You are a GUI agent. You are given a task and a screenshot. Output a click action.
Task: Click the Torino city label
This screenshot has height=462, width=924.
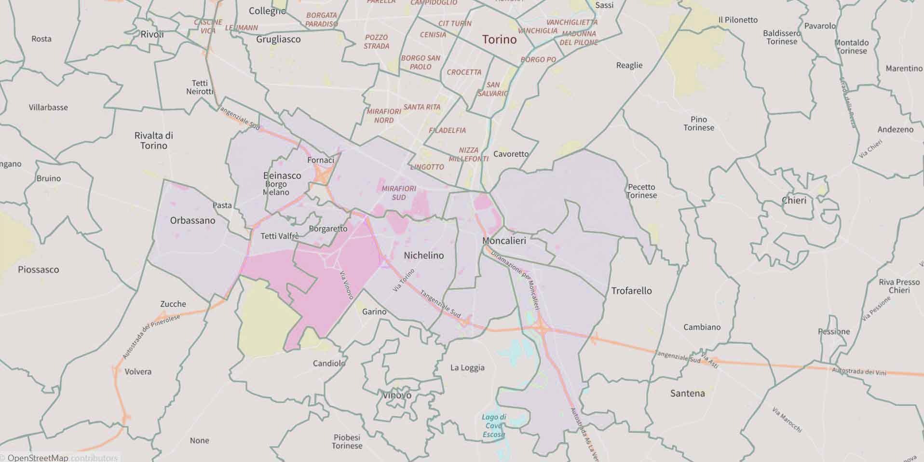coord(499,40)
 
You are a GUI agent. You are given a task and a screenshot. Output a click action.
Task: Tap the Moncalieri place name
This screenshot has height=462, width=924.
coord(504,240)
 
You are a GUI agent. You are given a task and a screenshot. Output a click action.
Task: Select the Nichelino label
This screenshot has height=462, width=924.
coord(423,255)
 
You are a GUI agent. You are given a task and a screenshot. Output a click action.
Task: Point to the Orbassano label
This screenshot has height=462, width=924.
coord(192,220)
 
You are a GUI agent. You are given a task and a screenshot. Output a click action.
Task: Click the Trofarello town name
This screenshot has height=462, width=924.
coord(631,291)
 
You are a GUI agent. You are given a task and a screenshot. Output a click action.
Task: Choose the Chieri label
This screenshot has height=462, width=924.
coord(794,200)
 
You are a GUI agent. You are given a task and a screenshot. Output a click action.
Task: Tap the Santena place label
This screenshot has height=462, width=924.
coord(687,394)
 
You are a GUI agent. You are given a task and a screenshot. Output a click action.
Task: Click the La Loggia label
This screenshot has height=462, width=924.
coord(467,367)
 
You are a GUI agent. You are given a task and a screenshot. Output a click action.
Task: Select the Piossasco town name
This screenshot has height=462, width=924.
coord(38,270)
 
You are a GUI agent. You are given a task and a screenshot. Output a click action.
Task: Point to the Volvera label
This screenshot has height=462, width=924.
coord(138,372)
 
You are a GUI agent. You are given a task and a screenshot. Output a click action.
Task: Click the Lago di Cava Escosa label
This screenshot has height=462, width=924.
coord(494,426)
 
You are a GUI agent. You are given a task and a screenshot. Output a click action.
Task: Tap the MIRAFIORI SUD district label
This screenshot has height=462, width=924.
coord(399,193)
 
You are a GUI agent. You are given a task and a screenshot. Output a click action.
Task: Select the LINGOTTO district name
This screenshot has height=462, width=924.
coord(427,167)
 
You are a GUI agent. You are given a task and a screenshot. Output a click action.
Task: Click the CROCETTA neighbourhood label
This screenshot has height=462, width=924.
coord(464,72)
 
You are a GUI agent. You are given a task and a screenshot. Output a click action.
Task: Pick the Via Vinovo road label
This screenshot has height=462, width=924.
coord(346,285)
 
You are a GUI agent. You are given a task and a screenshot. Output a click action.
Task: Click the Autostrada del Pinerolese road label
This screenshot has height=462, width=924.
coord(151,337)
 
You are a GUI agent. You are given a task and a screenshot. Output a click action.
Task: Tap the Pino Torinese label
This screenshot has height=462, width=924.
coord(698,123)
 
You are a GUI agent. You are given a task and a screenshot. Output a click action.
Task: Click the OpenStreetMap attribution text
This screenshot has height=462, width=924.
coord(38,458)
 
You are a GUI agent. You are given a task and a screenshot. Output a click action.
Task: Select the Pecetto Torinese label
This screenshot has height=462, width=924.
coord(641,191)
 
